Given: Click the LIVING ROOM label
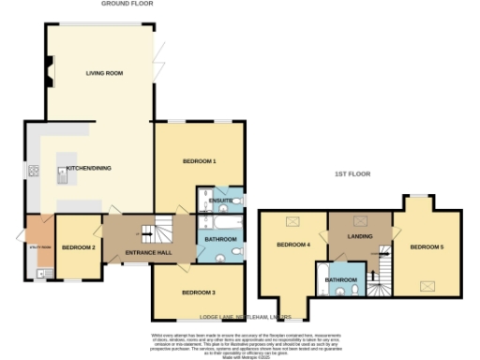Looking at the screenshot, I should pos(105,72).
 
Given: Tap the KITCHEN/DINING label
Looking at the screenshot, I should pos(91,168).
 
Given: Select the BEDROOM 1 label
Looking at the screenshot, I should pos(199,161).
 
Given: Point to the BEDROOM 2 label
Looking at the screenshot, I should pos(77,247).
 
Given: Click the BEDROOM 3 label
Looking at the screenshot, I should pos(199,292).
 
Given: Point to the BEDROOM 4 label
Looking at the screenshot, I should pos(293,246).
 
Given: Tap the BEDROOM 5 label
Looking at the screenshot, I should pos(427,247).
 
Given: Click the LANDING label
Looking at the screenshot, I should pos(359,236).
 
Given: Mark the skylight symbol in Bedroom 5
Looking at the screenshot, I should pos(427,283).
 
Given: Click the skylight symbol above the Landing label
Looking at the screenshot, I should pos(359,221).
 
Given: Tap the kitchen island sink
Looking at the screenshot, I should pos(65,170).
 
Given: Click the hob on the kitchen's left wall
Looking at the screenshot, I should pos(34,171).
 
